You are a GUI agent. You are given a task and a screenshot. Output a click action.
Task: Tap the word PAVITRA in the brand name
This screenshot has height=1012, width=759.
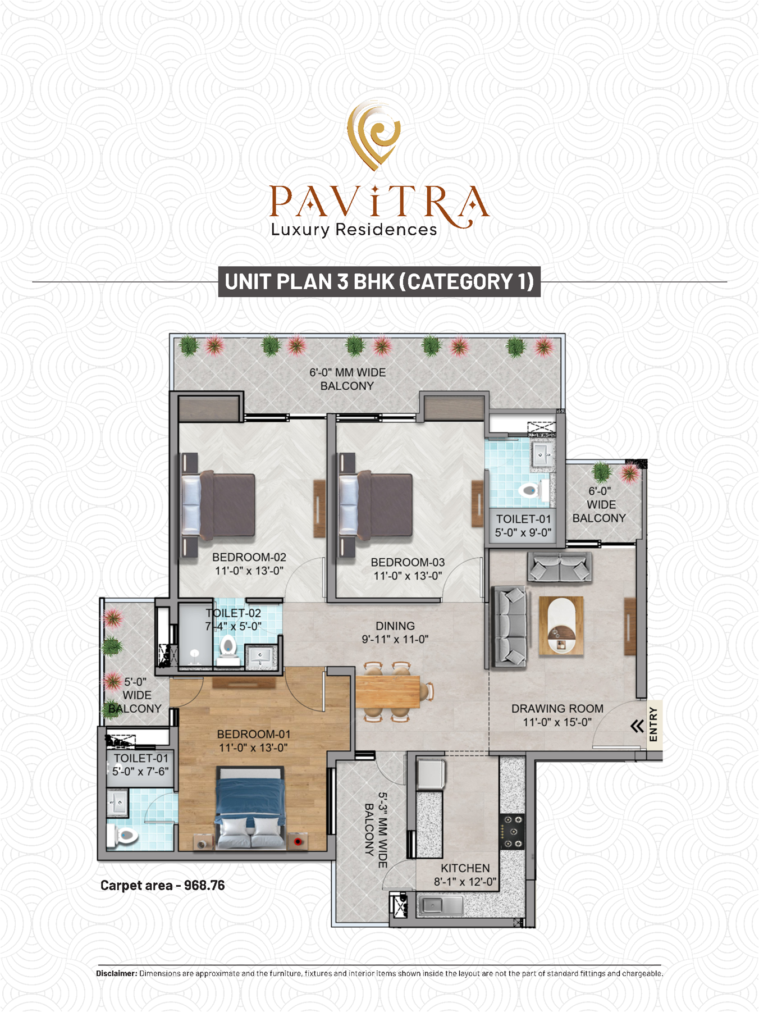[x=379, y=202]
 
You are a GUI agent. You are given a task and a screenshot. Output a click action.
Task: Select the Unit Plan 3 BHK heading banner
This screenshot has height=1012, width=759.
[x=379, y=281]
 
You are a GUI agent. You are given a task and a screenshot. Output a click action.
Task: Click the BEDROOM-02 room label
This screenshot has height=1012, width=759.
[x=249, y=564]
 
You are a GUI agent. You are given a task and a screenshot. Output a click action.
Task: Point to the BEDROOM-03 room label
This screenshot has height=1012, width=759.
[x=408, y=569]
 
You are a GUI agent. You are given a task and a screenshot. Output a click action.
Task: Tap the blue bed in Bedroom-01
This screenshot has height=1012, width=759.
[x=251, y=807]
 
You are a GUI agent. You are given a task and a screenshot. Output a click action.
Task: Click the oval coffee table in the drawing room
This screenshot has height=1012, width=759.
[x=561, y=626]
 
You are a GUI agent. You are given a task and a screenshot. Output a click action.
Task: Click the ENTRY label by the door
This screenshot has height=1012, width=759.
[x=653, y=724]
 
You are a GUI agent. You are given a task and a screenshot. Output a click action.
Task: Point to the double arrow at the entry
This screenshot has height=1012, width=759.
[x=637, y=726]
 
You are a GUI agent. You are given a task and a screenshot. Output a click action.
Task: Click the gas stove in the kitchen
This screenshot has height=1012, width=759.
[x=512, y=831]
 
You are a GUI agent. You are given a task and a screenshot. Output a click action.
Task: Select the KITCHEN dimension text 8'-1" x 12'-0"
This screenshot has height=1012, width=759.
[x=465, y=882]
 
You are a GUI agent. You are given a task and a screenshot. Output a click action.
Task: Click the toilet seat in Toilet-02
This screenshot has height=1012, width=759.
[x=228, y=646]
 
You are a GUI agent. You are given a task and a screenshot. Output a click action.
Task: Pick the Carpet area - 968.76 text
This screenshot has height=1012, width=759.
[x=162, y=886]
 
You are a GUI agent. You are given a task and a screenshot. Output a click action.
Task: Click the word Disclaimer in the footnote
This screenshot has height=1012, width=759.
[x=117, y=973]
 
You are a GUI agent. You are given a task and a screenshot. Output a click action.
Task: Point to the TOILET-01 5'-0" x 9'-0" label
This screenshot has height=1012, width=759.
[x=523, y=526]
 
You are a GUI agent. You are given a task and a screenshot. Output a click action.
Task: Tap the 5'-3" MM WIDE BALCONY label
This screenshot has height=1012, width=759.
[x=376, y=830]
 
